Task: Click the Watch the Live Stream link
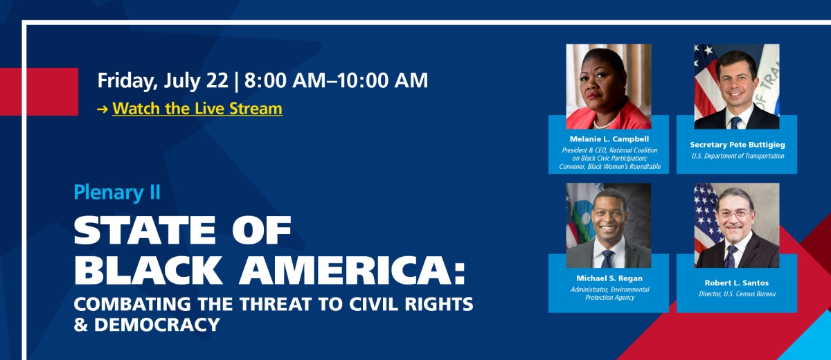point(197,109)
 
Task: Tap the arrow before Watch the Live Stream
point(102,109)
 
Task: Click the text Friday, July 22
point(163,80)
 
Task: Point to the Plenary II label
point(117,192)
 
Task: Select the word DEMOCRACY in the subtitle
point(155,324)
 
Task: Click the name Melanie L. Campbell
point(609,139)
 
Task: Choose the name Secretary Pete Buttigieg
point(737,145)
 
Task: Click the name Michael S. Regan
point(609,278)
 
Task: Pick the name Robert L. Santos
point(737,283)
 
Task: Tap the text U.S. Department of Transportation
point(737,156)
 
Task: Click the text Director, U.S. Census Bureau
point(737,294)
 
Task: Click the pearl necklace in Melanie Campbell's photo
point(607,123)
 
